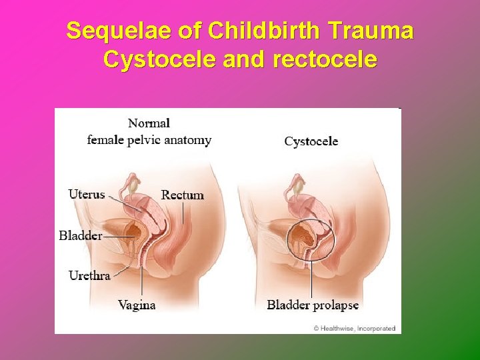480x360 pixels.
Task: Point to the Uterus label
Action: [x=87, y=194]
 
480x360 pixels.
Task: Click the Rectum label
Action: [x=182, y=195]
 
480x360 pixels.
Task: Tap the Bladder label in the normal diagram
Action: [x=80, y=235]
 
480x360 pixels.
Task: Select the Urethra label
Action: [x=89, y=275]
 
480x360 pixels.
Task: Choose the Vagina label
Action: [x=137, y=305]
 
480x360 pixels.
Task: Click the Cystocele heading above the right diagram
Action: [x=311, y=141]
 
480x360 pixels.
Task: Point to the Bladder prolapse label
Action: [x=313, y=305]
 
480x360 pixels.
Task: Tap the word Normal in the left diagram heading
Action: [x=149, y=123]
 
